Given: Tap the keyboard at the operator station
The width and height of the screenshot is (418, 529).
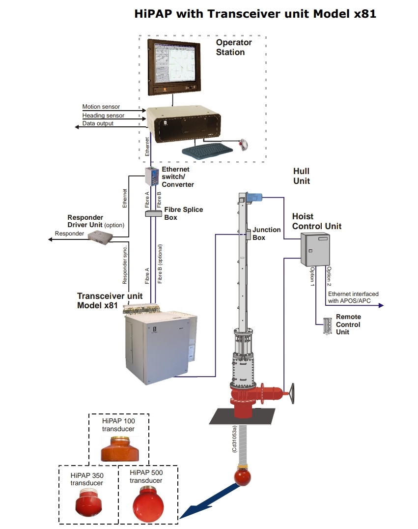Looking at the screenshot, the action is point(207,150).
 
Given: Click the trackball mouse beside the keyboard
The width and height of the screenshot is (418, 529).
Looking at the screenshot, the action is point(244,145).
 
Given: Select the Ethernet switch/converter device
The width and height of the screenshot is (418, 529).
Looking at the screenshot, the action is point(152,176).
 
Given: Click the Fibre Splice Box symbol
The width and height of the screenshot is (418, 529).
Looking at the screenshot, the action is point(153,213).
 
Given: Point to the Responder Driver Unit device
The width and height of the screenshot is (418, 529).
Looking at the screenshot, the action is point(101,237).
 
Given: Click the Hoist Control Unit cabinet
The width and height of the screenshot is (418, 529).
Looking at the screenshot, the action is point(315,249).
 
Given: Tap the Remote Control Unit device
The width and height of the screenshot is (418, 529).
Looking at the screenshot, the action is point(327,326).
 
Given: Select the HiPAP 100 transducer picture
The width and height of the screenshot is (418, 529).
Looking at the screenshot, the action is point(120,449).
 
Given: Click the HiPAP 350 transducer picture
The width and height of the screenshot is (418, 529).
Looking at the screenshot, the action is point(88,502).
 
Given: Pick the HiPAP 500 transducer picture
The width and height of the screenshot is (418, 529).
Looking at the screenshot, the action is point(148,504).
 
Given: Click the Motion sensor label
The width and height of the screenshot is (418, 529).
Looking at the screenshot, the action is point(101,107).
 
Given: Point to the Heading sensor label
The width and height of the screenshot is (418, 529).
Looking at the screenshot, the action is point(103,116).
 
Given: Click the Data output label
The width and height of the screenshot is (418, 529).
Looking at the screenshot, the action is point(98,123).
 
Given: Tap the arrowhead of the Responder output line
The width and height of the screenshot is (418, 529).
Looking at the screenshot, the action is point(50,239).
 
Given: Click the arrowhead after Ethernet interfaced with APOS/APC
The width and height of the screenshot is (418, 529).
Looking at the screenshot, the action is point(381,305).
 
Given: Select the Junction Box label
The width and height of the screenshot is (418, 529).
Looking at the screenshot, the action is point(266,234).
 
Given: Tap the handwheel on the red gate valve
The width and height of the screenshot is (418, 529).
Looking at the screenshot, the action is point(292,393).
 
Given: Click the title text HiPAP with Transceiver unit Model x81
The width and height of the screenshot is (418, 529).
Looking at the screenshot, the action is point(255,14).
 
